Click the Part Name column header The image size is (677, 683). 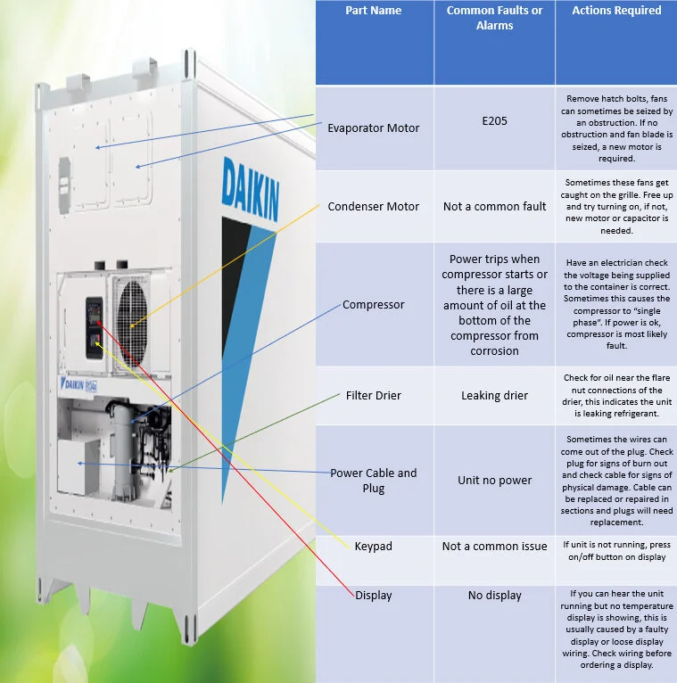[x=373, y=11]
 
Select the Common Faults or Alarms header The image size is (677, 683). [x=494, y=18]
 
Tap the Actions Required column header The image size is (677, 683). [x=616, y=11]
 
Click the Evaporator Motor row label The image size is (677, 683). [x=373, y=128]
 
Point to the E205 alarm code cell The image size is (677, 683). [x=494, y=120]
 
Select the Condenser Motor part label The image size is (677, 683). [x=373, y=206]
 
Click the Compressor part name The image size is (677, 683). [x=373, y=305]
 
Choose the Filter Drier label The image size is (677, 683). [x=373, y=395]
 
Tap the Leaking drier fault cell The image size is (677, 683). [x=494, y=395]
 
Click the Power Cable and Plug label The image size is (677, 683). [x=373, y=481]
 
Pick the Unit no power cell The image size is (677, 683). [x=494, y=481]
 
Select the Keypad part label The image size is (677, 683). [x=373, y=546]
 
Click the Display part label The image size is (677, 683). [x=373, y=596]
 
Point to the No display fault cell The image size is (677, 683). [x=494, y=596]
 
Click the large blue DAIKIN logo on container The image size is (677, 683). [x=249, y=188]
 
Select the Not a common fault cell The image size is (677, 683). [x=494, y=206]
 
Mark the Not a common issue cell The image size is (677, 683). [x=494, y=546]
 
